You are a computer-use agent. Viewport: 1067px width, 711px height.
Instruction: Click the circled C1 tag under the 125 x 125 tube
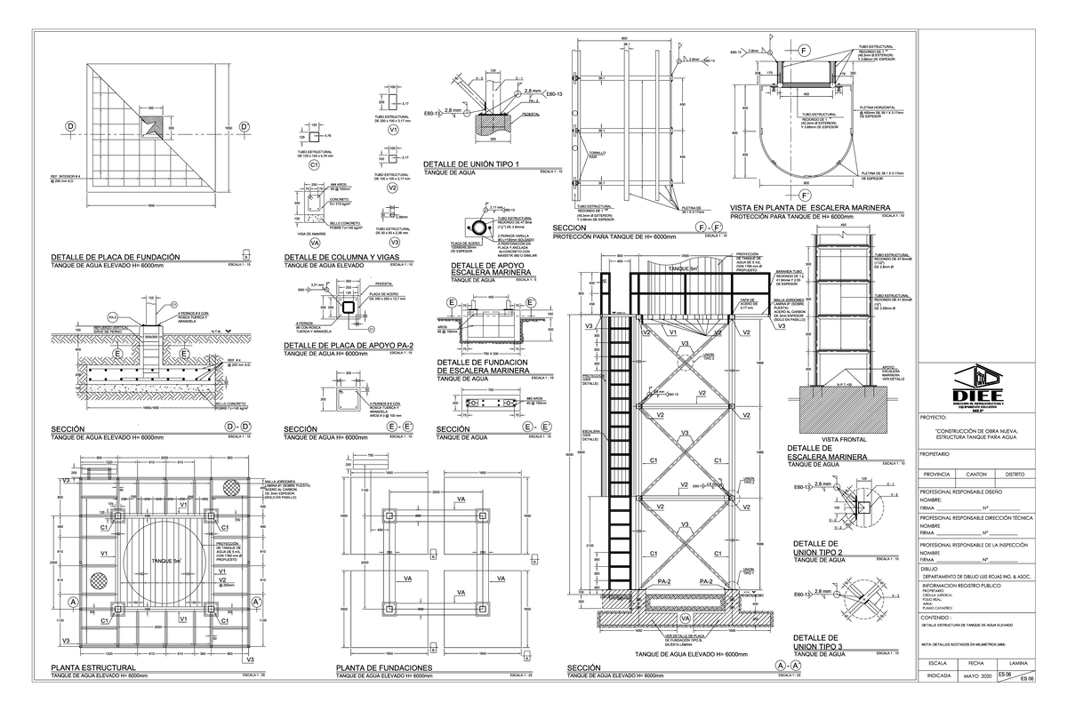(313, 165)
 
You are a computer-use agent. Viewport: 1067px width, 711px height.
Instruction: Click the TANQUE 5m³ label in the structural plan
(166, 560)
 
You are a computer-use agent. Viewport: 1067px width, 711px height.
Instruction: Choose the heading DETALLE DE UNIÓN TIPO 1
(470, 164)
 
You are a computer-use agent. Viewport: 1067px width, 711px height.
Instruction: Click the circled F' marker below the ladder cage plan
(806, 195)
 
